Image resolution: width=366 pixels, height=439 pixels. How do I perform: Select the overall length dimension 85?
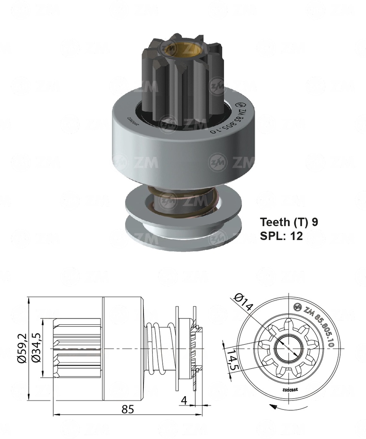tap(128, 409)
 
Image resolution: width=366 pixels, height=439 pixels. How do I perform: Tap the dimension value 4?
tap(184, 400)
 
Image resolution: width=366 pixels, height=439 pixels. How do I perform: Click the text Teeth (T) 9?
tap(289, 222)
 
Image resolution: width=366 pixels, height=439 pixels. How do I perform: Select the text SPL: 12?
tap(281, 235)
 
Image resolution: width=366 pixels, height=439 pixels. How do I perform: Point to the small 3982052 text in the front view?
tap(290, 389)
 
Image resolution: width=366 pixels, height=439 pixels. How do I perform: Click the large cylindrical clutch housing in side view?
tap(123, 348)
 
